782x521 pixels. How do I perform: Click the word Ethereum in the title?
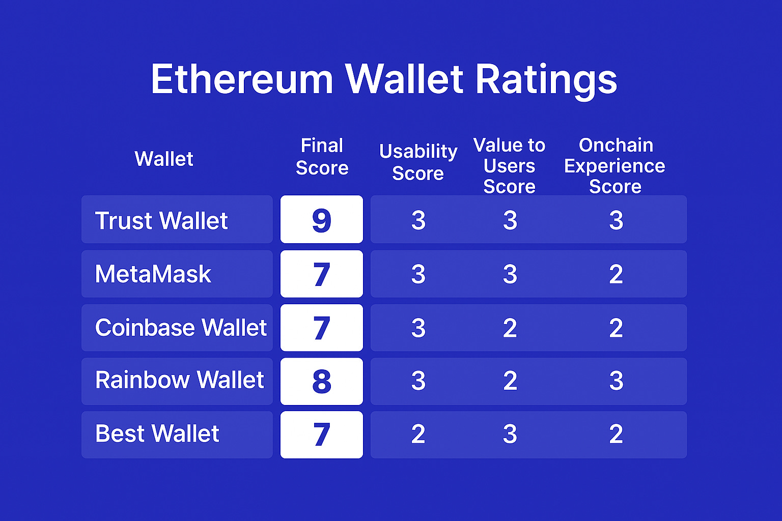tap(242, 79)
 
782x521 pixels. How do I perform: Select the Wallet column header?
tap(164, 159)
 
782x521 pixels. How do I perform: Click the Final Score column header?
tap(322, 157)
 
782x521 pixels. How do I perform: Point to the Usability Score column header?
tap(418, 162)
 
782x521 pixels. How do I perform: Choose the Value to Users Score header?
tap(509, 166)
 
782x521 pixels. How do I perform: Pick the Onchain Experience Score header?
tap(615, 166)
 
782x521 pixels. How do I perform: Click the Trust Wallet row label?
tap(161, 220)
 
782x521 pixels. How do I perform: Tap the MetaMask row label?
tap(153, 274)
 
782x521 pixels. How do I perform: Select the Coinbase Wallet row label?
tap(181, 328)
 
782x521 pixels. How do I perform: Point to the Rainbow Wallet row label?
tap(179, 381)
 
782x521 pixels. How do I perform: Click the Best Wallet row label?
tap(157, 434)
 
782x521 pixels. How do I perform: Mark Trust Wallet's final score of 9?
tap(322, 220)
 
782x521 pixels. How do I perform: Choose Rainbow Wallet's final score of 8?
tap(322, 382)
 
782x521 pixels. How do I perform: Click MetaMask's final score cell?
tap(322, 274)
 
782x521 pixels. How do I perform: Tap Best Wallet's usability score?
tap(418, 434)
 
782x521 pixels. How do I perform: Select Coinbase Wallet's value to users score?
tap(510, 328)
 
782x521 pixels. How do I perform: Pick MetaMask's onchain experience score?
tap(616, 275)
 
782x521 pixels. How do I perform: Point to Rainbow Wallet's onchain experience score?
tap(616, 381)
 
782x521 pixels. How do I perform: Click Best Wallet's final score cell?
tap(322, 435)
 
